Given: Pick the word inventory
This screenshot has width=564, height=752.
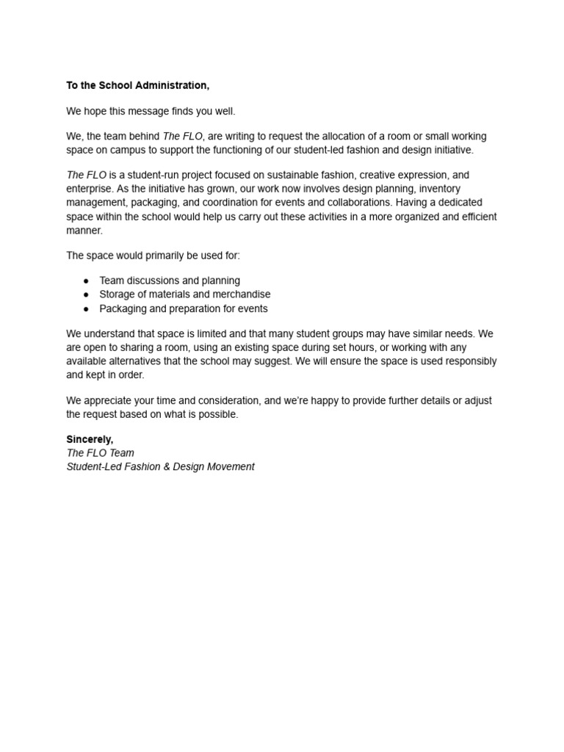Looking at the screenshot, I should coord(440,189).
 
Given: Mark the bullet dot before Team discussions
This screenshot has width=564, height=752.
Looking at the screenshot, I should coord(86,281).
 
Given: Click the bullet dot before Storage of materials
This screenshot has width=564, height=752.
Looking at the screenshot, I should coord(86,295).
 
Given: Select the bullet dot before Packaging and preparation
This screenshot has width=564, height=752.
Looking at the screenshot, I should coord(86,309).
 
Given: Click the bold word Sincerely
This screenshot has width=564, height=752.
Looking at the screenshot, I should coord(90,439).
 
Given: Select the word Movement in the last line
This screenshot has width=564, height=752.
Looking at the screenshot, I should coord(229,467).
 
